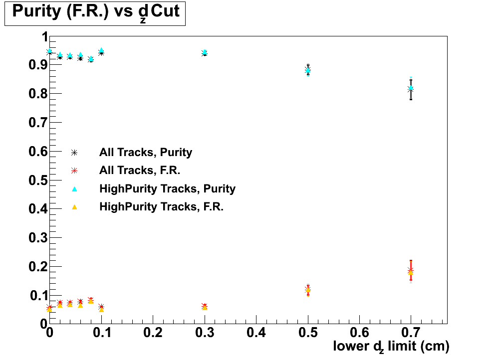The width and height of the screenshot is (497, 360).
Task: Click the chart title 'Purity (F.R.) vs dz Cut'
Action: pyautogui.click(x=95, y=12)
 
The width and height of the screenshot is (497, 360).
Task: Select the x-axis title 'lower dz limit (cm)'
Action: pyautogui.click(x=391, y=346)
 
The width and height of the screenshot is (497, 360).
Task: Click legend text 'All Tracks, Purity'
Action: pyautogui.click(x=146, y=153)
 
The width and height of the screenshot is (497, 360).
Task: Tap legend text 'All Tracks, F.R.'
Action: pyautogui.click(x=140, y=171)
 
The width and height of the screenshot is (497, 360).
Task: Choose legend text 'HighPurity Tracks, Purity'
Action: pyautogui.click(x=167, y=189)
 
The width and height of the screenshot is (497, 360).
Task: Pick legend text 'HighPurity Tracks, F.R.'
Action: pyautogui.click(x=161, y=207)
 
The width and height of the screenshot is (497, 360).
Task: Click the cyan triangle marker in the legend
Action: pyautogui.click(x=74, y=188)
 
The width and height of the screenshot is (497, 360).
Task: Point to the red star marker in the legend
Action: pyautogui.click(x=74, y=171)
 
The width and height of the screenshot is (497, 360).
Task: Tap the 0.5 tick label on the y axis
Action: pyautogui.click(x=36, y=180)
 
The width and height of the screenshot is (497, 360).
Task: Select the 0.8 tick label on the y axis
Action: pyautogui.click(x=36, y=94)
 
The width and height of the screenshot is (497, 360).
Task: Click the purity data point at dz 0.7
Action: pyautogui.click(x=411, y=89)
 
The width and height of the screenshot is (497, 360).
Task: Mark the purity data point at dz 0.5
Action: pyautogui.click(x=308, y=70)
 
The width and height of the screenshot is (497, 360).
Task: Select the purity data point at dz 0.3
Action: pyautogui.click(x=205, y=52)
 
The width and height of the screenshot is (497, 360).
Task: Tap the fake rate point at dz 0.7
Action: pyautogui.click(x=411, y=271)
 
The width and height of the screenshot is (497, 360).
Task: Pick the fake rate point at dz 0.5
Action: pyautogui.click(x=308, y=290)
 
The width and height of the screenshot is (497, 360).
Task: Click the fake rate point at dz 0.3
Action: pyautogui.click(x=205, y=307)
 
